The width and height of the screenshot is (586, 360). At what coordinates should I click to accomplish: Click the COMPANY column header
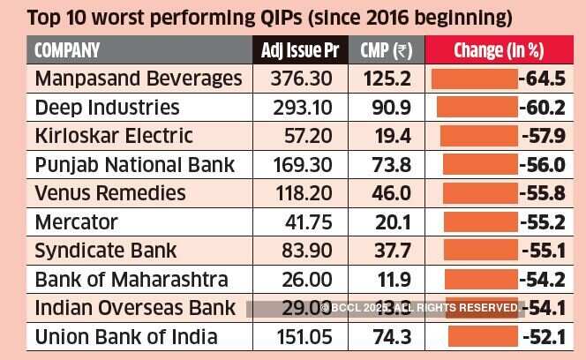67,50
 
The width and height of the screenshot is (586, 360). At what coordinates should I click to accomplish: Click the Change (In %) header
498,50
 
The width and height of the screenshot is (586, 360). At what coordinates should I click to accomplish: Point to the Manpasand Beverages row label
138,79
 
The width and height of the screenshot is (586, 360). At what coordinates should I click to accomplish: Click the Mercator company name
75,221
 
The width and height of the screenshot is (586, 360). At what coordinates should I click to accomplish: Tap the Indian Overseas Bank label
135,308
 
